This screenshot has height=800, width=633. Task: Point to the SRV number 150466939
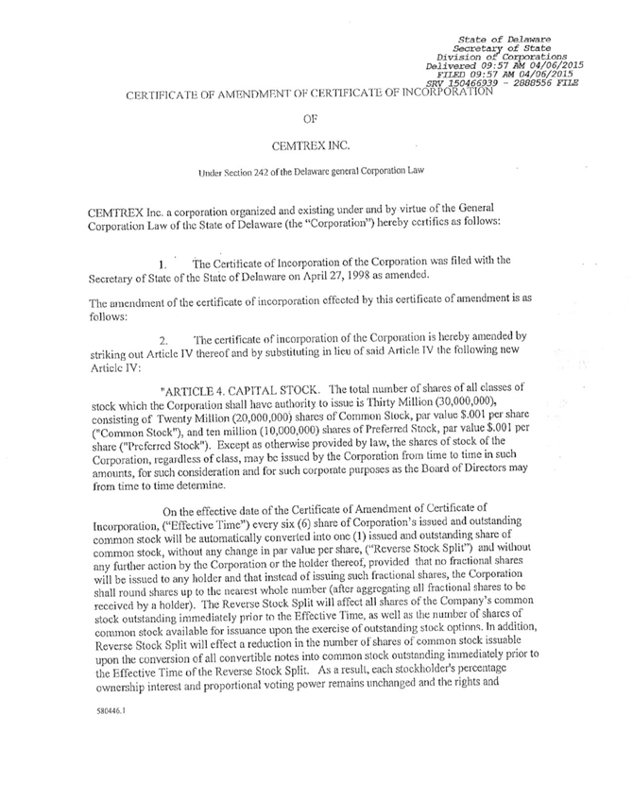(x=491, y=83)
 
